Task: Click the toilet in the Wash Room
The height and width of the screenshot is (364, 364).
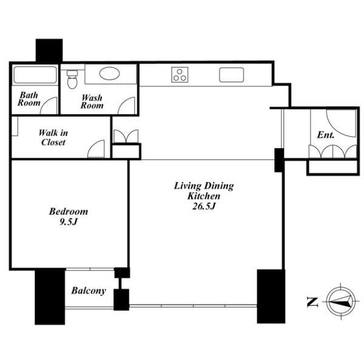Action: point(72,79)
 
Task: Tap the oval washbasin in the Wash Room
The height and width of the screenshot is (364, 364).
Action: point(110,73)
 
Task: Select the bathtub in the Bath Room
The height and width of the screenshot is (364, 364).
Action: point(35,75)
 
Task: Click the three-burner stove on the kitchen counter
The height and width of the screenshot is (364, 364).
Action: point(180,75)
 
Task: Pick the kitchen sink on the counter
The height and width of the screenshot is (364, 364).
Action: point(232,75)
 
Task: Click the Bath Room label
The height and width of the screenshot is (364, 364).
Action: point(29,99)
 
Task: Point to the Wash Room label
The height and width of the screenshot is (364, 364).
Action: point(92,101)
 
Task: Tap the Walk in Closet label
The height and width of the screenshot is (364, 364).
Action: point(53,138)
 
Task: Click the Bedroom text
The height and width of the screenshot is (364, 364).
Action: point(69,212)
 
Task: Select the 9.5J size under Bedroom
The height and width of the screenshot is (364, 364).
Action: point(68,222)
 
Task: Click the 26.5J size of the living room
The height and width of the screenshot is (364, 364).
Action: point(204,206)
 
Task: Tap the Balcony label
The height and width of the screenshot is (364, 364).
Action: point(89,291)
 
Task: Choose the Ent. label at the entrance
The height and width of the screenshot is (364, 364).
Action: point(326,135)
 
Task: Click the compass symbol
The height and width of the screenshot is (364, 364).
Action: point(340,302)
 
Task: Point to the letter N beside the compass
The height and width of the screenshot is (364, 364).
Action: point(312,302)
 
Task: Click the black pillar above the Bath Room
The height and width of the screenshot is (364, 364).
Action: point(49,50)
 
